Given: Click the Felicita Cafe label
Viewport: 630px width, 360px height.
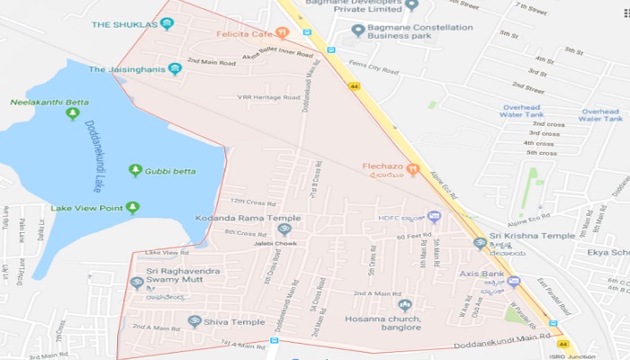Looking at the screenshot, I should (245, 33).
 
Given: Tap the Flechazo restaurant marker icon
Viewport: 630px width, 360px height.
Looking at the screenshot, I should (413, 167).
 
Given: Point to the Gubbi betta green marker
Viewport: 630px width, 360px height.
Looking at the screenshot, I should (135, 170).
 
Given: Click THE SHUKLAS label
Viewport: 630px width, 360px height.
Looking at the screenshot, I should (124, 23).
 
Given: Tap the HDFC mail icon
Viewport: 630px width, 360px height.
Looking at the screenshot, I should (434, 216).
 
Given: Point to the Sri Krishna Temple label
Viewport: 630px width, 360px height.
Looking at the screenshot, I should (538, 235).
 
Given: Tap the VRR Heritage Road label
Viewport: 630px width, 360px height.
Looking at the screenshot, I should (267, 97).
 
